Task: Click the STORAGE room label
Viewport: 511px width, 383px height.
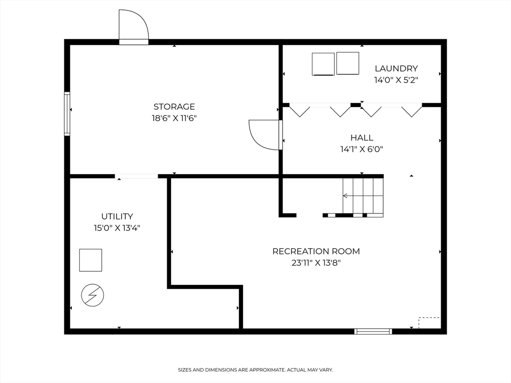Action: pyautogui.click(x=174, y=106)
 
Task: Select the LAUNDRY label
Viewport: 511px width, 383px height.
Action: pyautogui.click(x=396, y=68)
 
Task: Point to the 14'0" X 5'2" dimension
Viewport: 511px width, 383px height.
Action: pyautogui.click(x=396, y=80)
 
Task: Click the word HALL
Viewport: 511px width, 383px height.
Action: pyautogui.click(x=362, y=138)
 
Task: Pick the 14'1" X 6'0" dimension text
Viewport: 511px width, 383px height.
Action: pyautogui.click(x=362, y=149)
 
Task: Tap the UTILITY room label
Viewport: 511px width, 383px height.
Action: pyautogui.click(x=117, y=216)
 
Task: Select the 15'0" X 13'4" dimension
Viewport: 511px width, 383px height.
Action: pyautogui.click(x=117, y=228)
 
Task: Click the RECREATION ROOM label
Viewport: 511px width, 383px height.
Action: pyautogui.click(x=316, y=251)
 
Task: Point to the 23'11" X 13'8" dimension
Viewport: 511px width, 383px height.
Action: pyautogui.click(x=316, y=263)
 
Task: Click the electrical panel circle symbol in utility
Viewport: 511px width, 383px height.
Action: pyautogui.click(x=92, y=296)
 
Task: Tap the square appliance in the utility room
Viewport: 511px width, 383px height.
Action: pyautogui.click(x=90, y=260)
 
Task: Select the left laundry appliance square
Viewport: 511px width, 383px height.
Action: pyautogui.click(x=323, y=64)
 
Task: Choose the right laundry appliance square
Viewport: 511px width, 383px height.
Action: pyautogui.click(x=348, y=63)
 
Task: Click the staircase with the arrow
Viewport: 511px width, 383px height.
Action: pyautogui.click(x=363, y=196)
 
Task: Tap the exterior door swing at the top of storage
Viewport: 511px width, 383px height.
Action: pyautogui.click(x=133, y=26)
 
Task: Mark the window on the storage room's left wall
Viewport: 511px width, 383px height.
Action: pyautogui.click(x=67, y=114)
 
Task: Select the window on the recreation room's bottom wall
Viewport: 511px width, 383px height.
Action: pyautogui.click(x=373, y=331)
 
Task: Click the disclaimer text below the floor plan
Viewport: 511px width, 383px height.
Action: pyautogui.click(x=255, y=370)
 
